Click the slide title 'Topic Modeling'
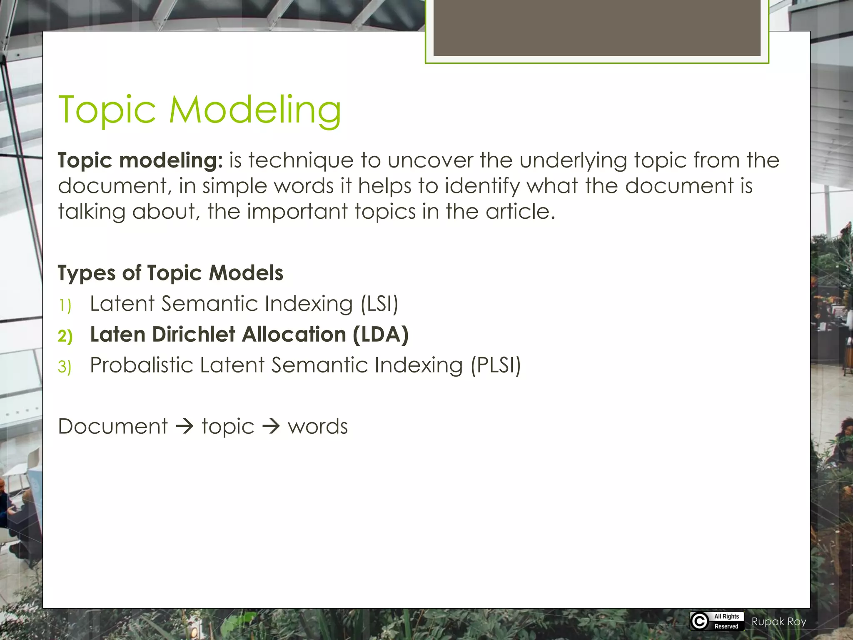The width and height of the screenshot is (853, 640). point(200,110)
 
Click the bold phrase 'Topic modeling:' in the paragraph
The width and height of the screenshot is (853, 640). point(140,160)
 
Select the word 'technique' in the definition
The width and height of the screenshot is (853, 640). point(301,160)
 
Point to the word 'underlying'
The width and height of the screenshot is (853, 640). point(573,160)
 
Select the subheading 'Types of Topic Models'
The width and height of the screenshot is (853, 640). point(170,273)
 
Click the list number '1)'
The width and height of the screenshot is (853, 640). point(65,305)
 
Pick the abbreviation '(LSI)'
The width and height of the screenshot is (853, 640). point(379,304)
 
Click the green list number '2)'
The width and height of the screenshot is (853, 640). point(65,336)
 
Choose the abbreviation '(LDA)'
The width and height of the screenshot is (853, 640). point(380,335)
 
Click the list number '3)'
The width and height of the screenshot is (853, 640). point(65,367)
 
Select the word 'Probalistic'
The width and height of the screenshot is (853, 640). point(142,365)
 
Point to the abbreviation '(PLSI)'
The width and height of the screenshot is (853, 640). point(496,365)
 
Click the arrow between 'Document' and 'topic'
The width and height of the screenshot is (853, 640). point(185,427)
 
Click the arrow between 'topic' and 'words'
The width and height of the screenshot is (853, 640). point(271,427)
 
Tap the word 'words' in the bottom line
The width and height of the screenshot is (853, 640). point(318,427)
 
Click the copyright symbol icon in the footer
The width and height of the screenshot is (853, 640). point(700,621)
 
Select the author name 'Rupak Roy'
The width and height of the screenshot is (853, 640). point(779,622)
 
